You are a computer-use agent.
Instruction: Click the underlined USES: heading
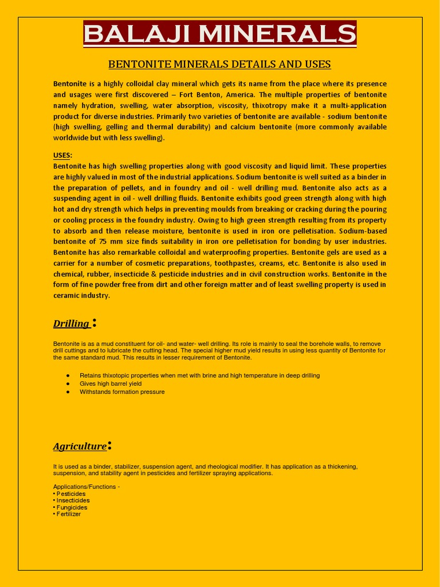pos(62,155)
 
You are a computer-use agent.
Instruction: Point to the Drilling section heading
pos(71,324)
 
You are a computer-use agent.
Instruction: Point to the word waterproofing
pos(230,252)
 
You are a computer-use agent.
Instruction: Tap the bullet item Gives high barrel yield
pos(111,383)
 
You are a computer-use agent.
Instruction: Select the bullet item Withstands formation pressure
pos(122,392)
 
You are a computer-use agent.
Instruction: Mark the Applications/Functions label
pos(87,487)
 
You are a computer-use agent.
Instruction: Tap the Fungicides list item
pos(72,507)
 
